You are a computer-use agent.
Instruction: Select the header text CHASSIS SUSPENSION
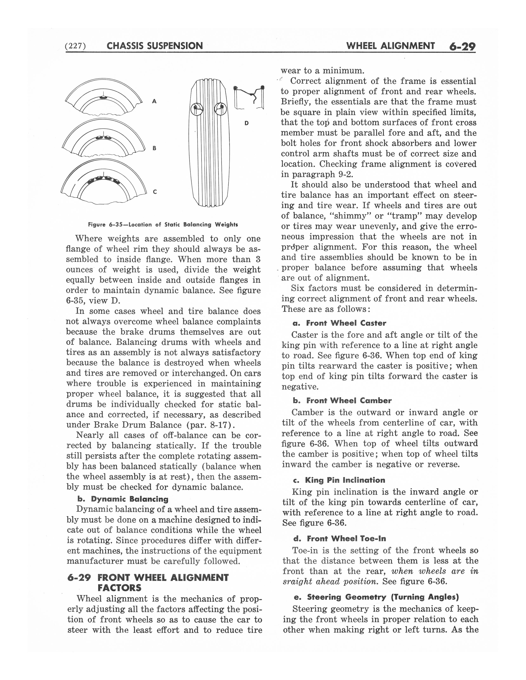[154, 46]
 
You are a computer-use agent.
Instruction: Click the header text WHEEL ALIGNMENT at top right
[390, 46]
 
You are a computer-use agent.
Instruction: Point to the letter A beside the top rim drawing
[154, 101]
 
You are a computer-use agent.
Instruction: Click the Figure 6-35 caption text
[163, 224]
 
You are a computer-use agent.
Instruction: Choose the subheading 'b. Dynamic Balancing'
[123, 499]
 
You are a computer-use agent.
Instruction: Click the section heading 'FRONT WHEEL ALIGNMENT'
[163, 578]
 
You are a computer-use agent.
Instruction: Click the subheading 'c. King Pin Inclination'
[339, 480]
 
